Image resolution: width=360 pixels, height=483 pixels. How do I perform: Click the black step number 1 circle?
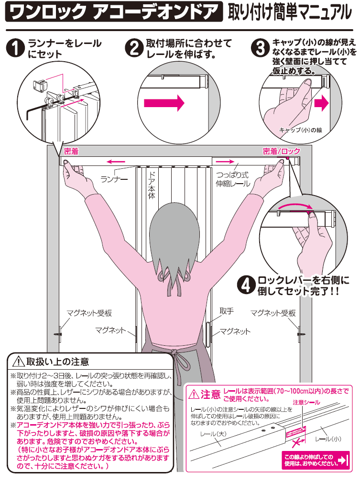tap(15, 49)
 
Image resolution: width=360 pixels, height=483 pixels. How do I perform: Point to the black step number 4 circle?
tap(246, 285)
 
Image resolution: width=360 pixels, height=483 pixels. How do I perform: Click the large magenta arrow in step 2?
tap(164, 102)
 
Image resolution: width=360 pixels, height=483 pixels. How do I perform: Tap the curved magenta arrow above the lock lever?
tap(295, 206)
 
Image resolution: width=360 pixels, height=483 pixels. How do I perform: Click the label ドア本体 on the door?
tap(152, 185)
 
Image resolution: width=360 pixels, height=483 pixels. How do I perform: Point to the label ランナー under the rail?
tap(114, 179)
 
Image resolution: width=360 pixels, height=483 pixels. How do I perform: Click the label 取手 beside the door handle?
tap(226, 311)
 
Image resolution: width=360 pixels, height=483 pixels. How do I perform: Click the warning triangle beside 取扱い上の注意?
tap(19, 362)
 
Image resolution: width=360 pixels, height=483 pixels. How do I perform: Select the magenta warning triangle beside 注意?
tap(194, 394)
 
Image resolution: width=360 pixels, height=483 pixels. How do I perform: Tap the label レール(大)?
tap(213, 434)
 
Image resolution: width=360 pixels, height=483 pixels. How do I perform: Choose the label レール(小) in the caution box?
tap(328, 439)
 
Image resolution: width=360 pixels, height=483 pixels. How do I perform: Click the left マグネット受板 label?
tap(89, 313)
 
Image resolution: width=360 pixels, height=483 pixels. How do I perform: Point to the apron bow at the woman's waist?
tap(175, 354)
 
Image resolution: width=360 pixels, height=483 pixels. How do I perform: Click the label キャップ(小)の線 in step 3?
tap(300, 130)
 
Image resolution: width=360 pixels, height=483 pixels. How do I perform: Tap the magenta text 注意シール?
tap(306, 402)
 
